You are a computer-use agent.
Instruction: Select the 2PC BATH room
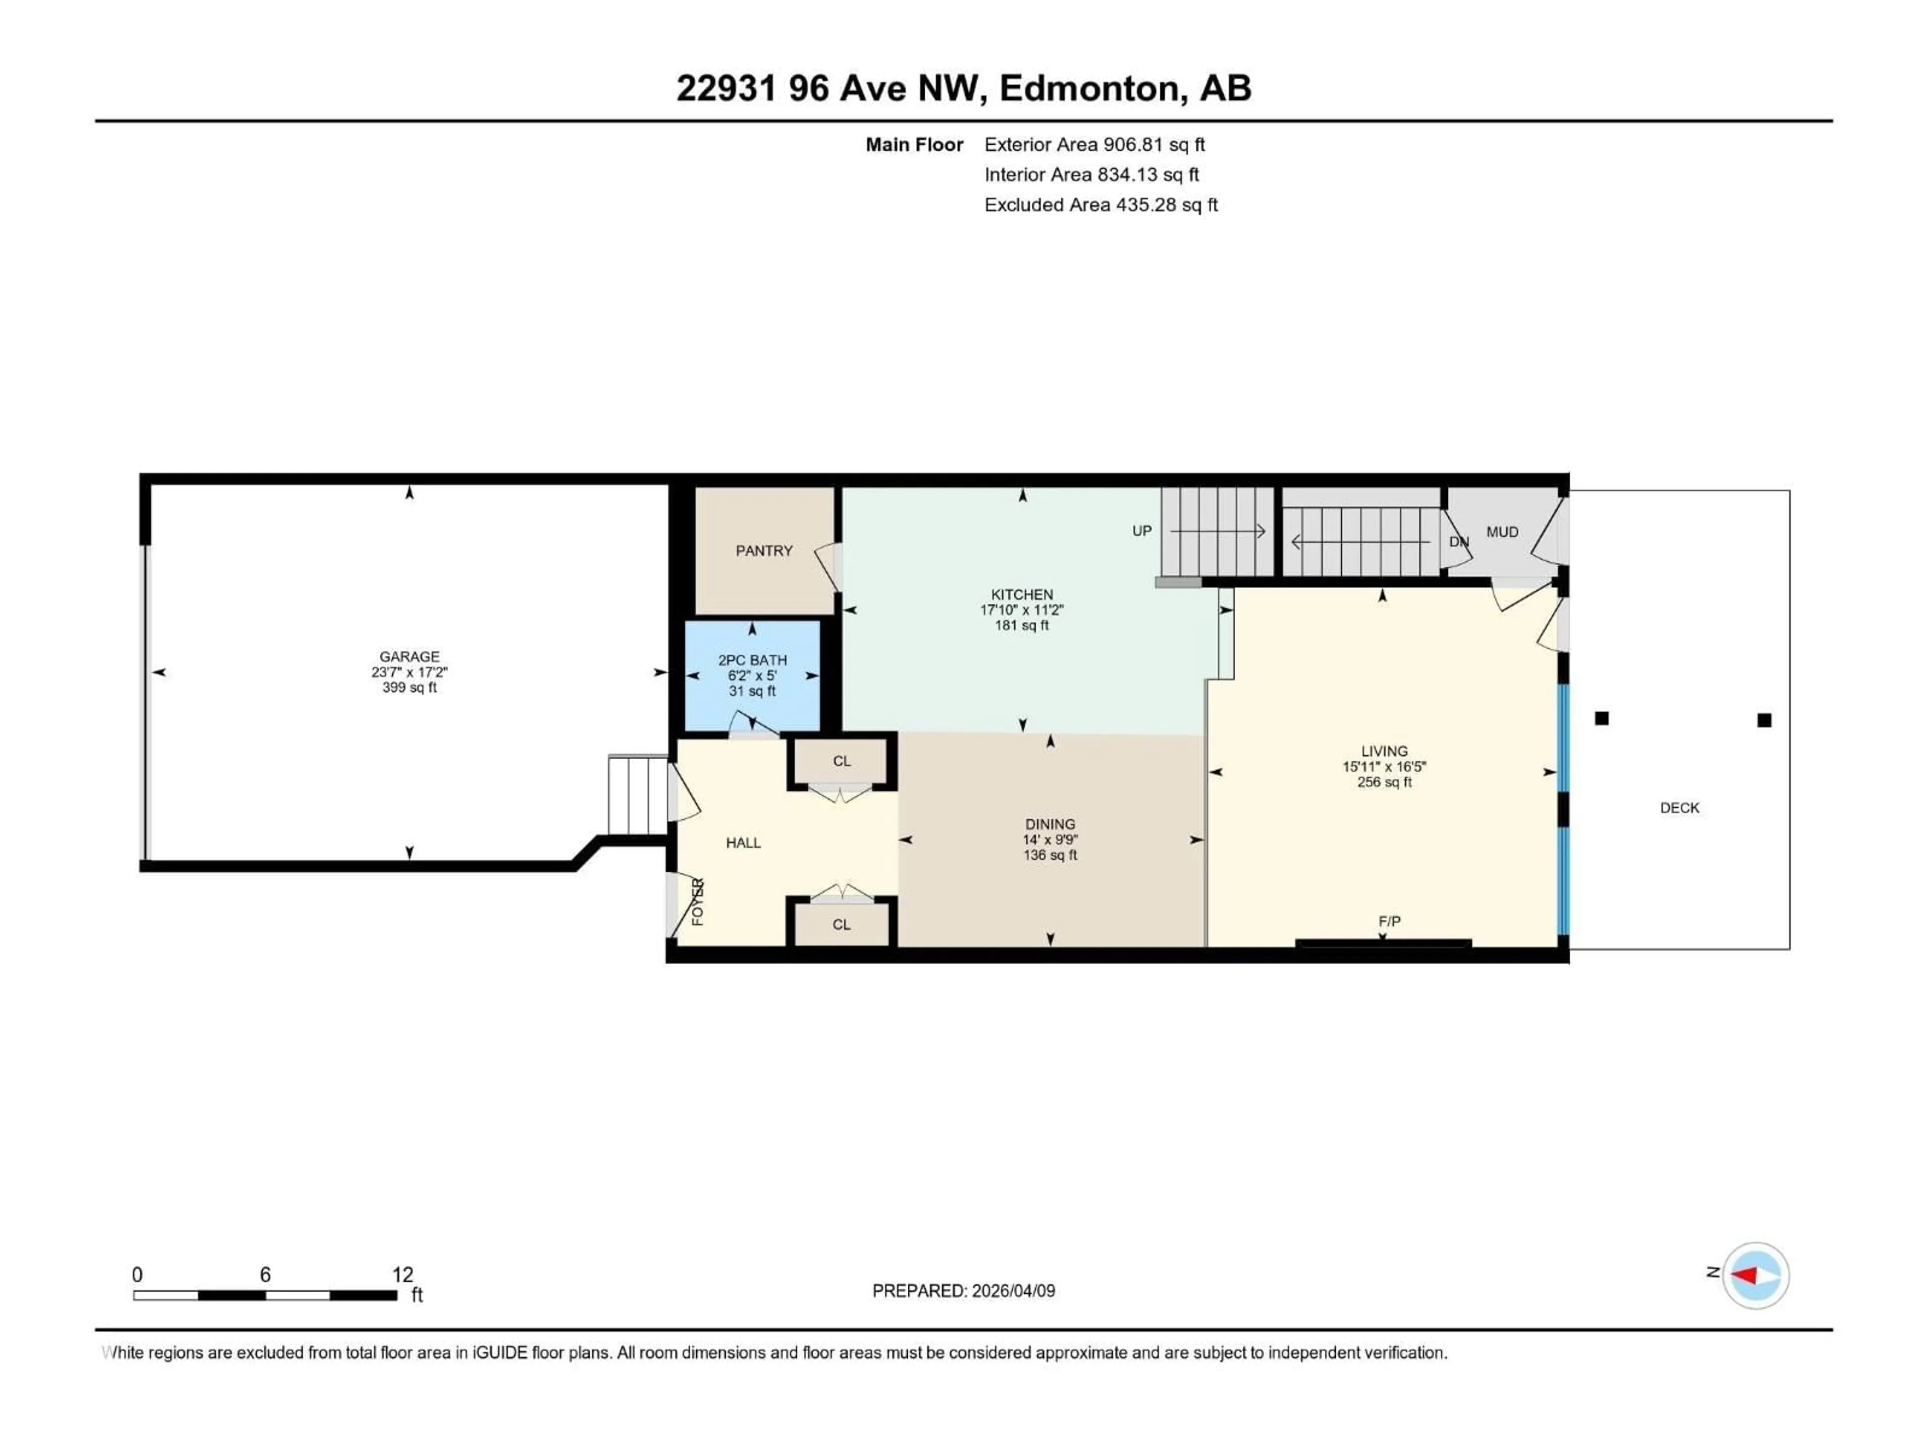coord(752,675)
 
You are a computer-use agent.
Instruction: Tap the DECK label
coord(1679,808)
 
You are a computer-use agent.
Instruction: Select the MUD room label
coord(1502,532)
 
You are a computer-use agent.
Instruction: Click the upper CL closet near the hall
coord(841,762)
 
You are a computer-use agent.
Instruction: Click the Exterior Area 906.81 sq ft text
coord(1095,145)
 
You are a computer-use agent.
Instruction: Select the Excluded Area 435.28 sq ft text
coord(1101,205)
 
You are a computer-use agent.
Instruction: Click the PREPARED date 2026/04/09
coord(963,1291)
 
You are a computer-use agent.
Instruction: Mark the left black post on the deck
coord(1601,718)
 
